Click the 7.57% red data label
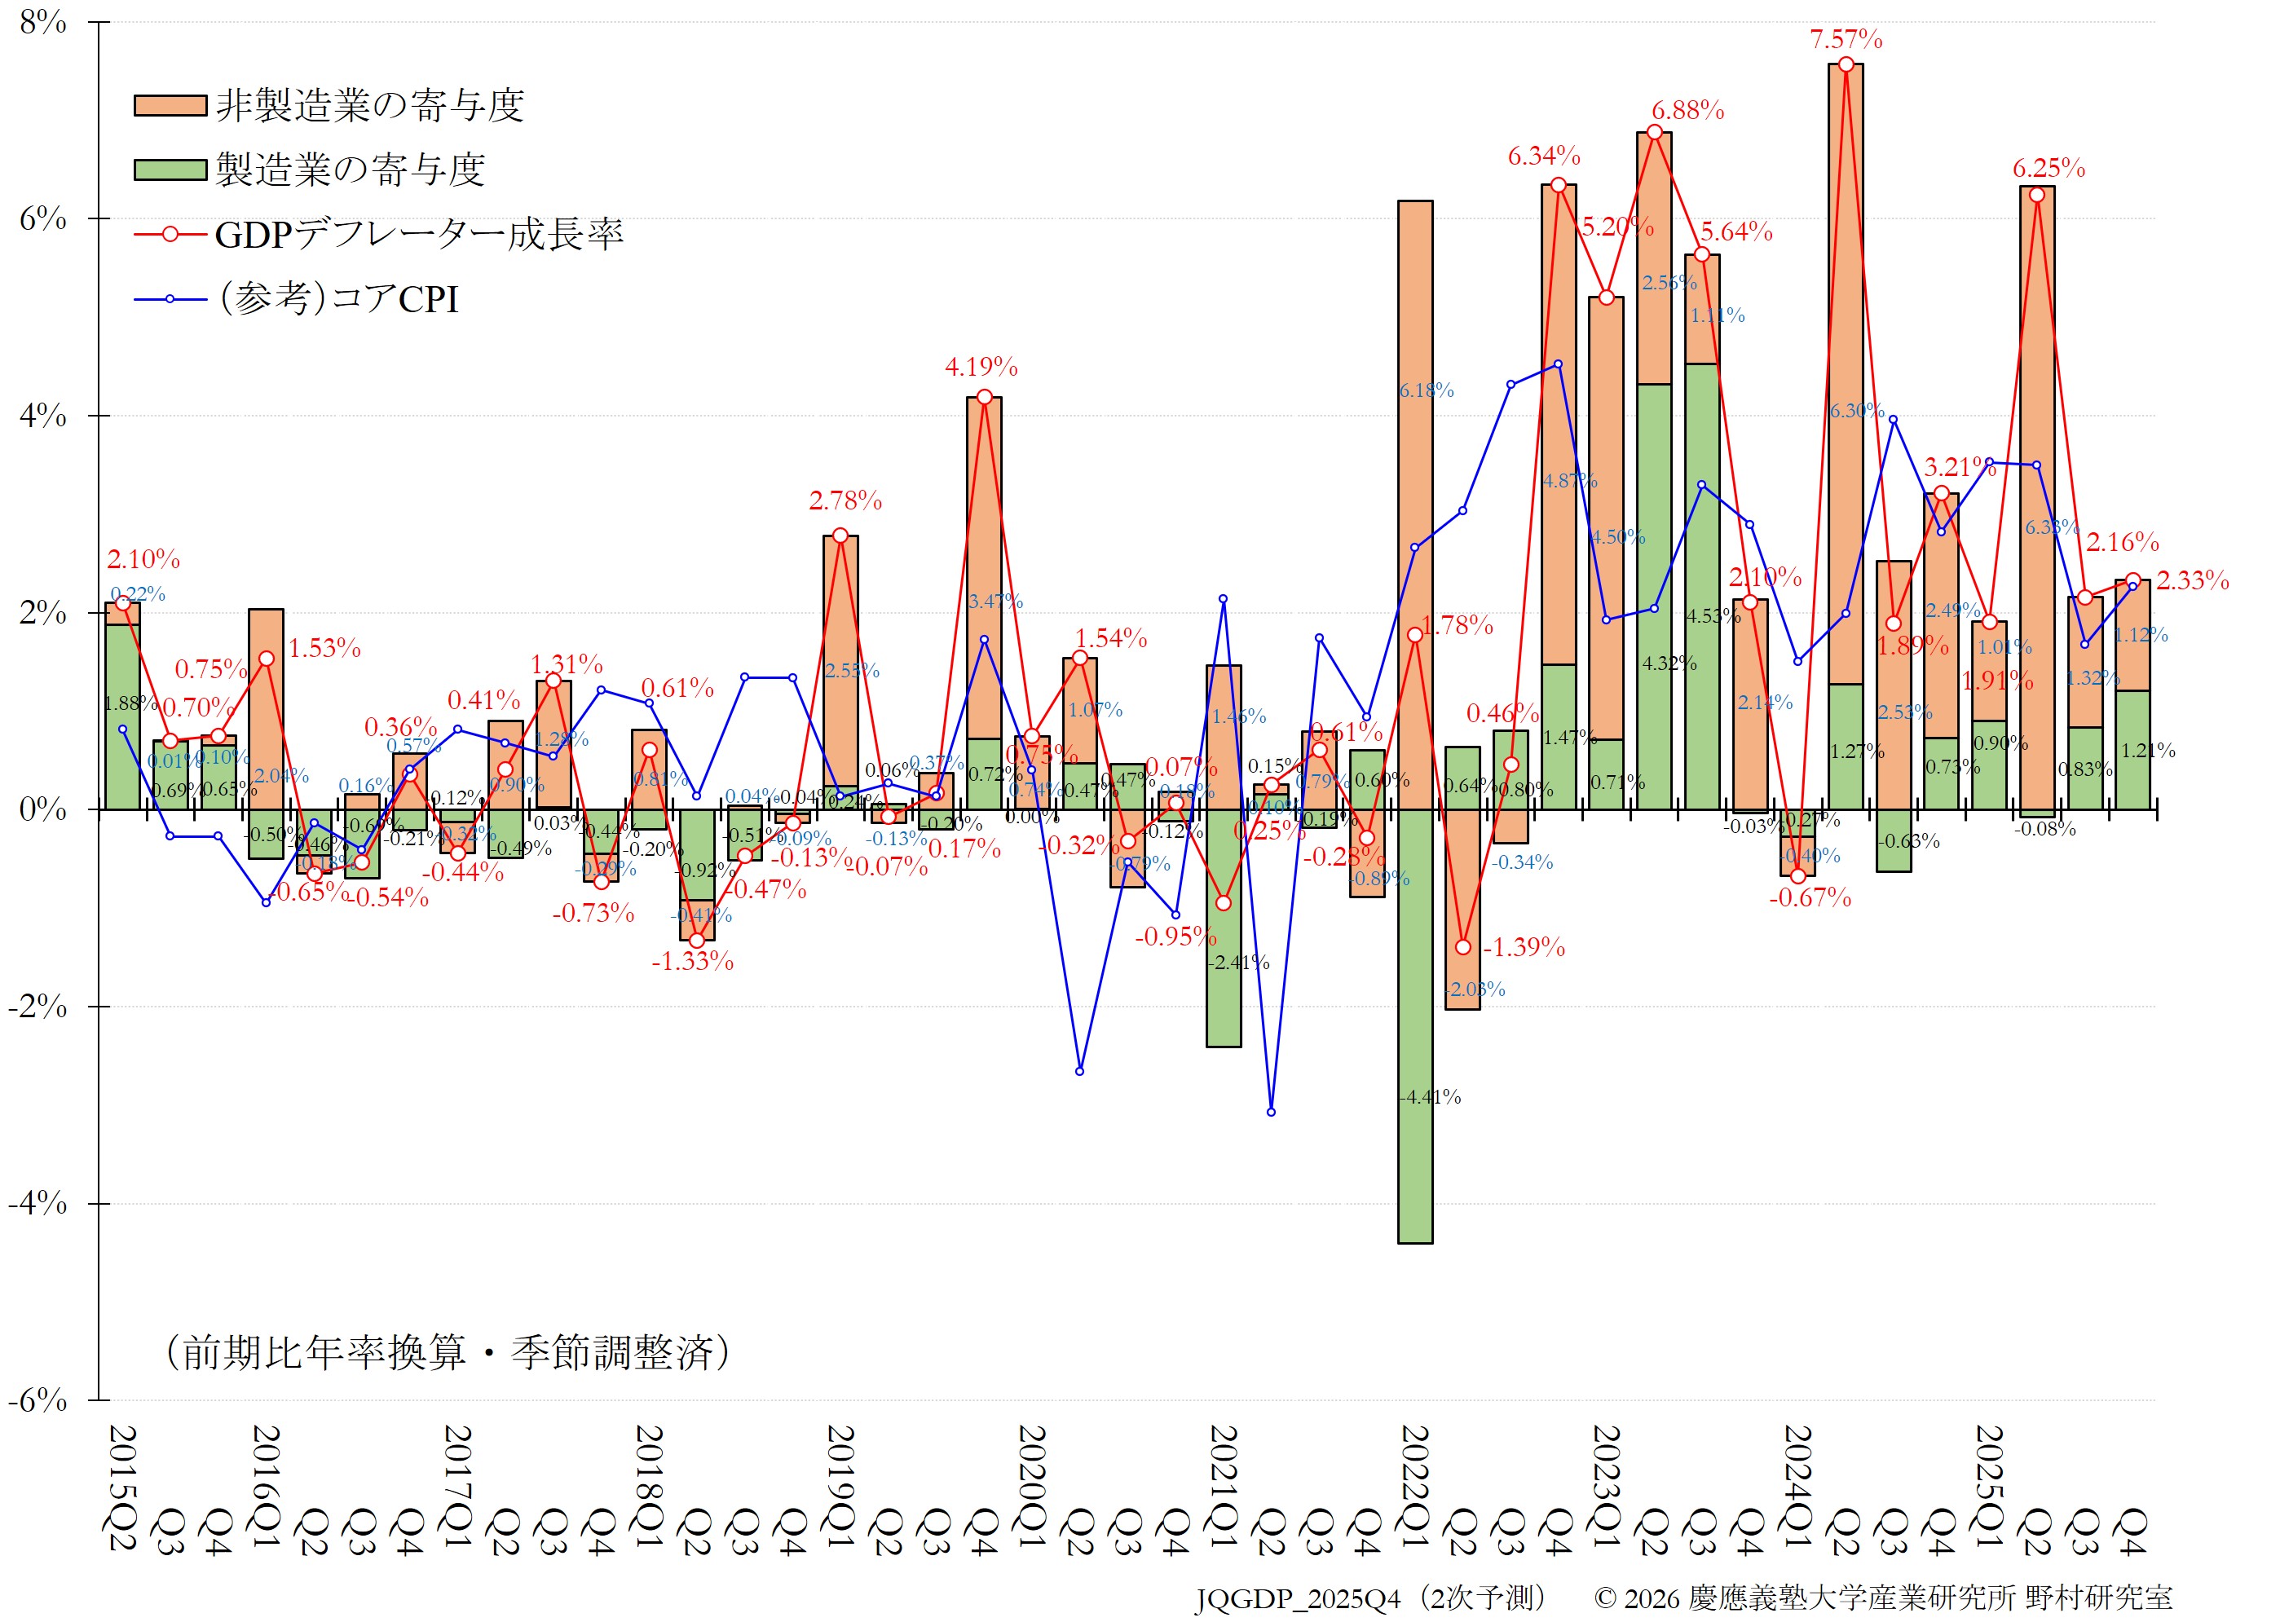[x=1846, y=40]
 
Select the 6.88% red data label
[x=1687, y=111]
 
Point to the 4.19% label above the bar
[x=981, y=368]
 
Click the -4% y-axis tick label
[x=38, y=1204]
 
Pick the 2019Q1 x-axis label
[x=840, y=1488]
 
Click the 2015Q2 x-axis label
[x=121, y=1488]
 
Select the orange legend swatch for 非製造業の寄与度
[x=170, y=105]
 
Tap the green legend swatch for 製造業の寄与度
[x=170, y=169]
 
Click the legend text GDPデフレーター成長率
[x=420, y=235]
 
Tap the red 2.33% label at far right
[x=2192, y=580]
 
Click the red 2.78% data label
[x=845, y=501]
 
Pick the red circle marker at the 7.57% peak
[x=1846, y=65]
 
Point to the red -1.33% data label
[x=692, y=962]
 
